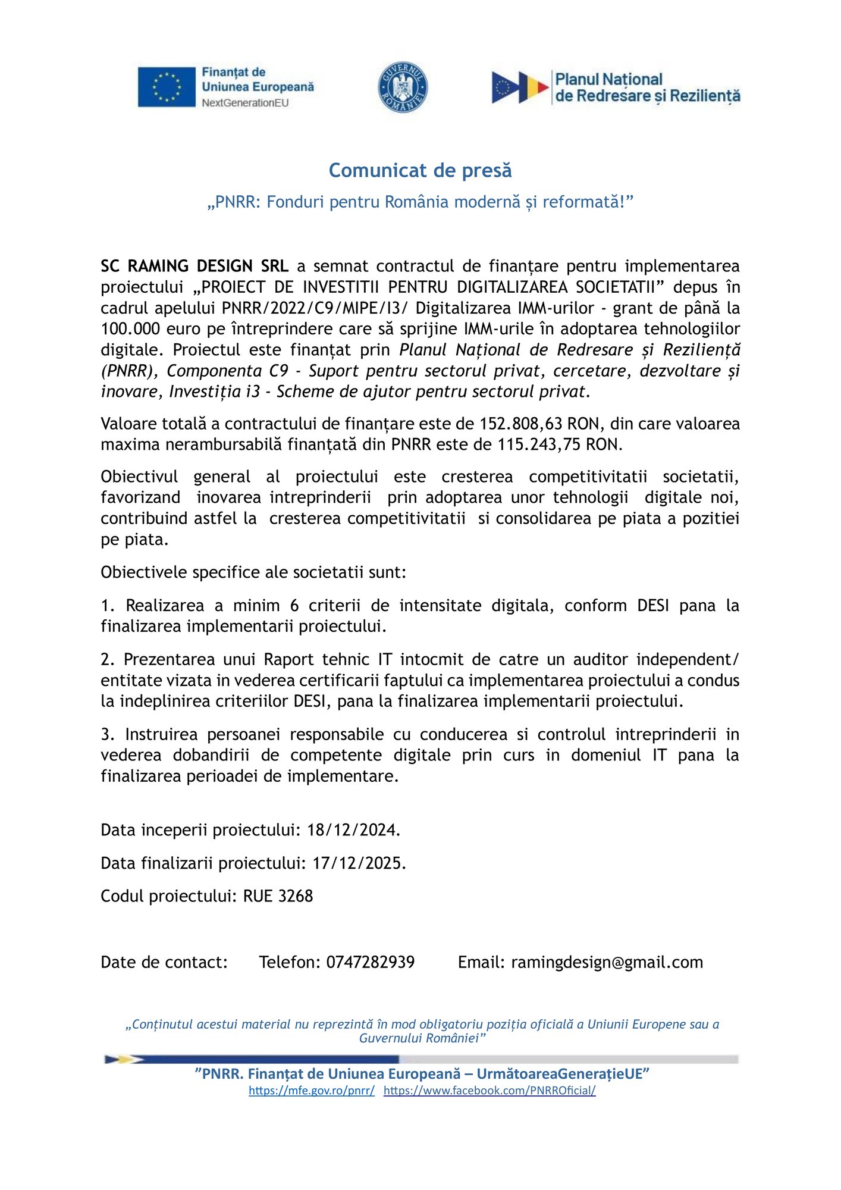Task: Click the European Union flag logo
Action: pos(167,87)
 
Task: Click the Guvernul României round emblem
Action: pos(403,87)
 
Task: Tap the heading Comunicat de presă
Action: pos(420,171)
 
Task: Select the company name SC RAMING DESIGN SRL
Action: pos(194,266)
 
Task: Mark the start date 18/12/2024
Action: pos(353,830)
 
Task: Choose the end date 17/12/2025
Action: pos(359,863)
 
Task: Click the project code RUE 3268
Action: pos(278,896)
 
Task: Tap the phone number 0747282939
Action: pos(370,962)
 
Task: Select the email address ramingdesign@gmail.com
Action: pos(607,962)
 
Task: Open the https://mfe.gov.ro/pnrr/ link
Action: pos(312,1091)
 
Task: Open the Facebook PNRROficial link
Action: pos(489,1091)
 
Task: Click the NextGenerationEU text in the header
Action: pos(245,103)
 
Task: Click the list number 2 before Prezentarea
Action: pos(107,660)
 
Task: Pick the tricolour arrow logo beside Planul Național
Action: pos(519,87)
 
